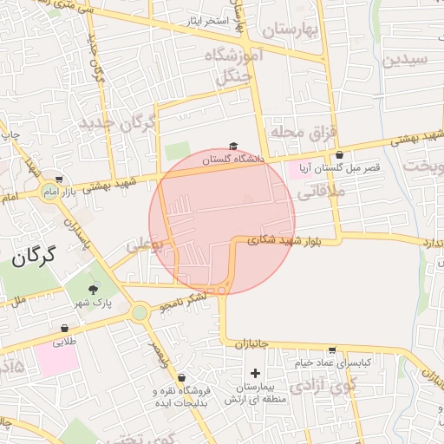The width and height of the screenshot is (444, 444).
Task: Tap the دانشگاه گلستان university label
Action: pos(232,160)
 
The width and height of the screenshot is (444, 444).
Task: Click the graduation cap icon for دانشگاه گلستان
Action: pos(232,147)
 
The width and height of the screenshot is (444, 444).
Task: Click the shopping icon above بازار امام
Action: pos(58,179)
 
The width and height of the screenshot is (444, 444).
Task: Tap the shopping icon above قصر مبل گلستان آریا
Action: pos(338,155)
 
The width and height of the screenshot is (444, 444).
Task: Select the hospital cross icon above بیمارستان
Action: pos(254,372)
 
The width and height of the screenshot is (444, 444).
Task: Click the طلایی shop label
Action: pos(64,342)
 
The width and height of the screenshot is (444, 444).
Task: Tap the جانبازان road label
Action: pos(251,344)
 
